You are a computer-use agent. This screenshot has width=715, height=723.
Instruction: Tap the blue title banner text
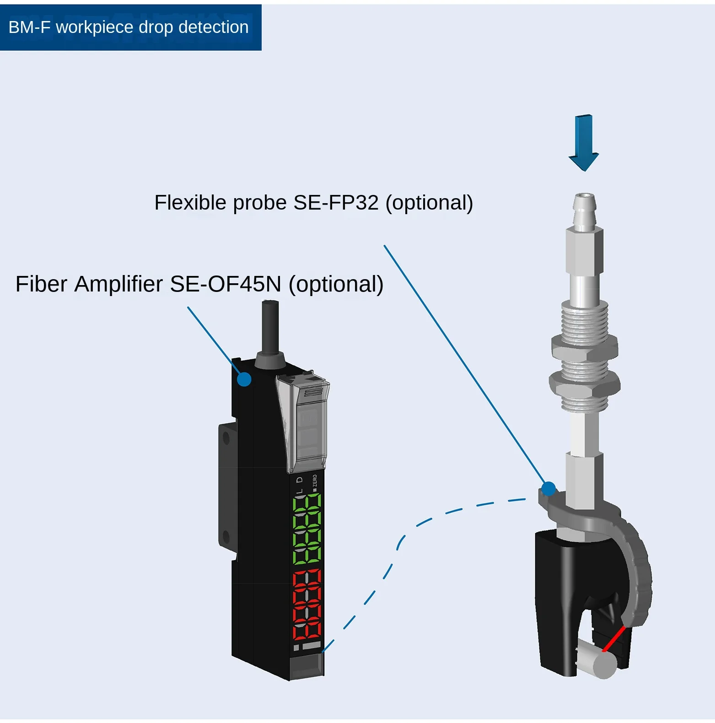coord(129,27)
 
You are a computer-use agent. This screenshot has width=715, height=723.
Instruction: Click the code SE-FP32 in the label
coord(336,203)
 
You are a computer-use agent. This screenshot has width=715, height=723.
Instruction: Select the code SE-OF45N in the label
coord(225,284)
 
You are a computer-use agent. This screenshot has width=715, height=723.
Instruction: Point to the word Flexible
coord(190,203)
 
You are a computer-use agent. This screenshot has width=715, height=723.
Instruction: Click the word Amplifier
coord(118,284)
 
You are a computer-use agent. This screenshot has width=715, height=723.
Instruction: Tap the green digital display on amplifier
coord(307,529)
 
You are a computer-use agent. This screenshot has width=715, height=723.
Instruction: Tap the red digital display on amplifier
coord(307,605)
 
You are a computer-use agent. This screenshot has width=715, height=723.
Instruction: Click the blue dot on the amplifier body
coord(244,379)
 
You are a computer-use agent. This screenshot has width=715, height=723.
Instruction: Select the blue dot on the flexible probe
coord(548,489)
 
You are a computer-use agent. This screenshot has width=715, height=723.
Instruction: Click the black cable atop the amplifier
coord(270,327)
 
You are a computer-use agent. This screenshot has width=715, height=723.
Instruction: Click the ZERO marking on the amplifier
coord(315,482)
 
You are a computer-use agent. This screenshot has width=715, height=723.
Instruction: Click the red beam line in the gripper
coord(614,638)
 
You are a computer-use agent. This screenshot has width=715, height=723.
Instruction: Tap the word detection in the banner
coord(213,27)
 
